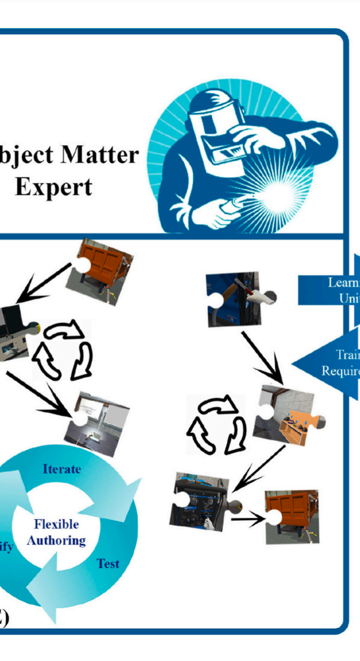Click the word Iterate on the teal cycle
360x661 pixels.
(61, 468)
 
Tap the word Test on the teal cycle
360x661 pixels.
(108, 563)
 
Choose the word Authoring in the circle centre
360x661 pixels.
(56, 540)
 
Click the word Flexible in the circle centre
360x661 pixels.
(56, 524)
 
